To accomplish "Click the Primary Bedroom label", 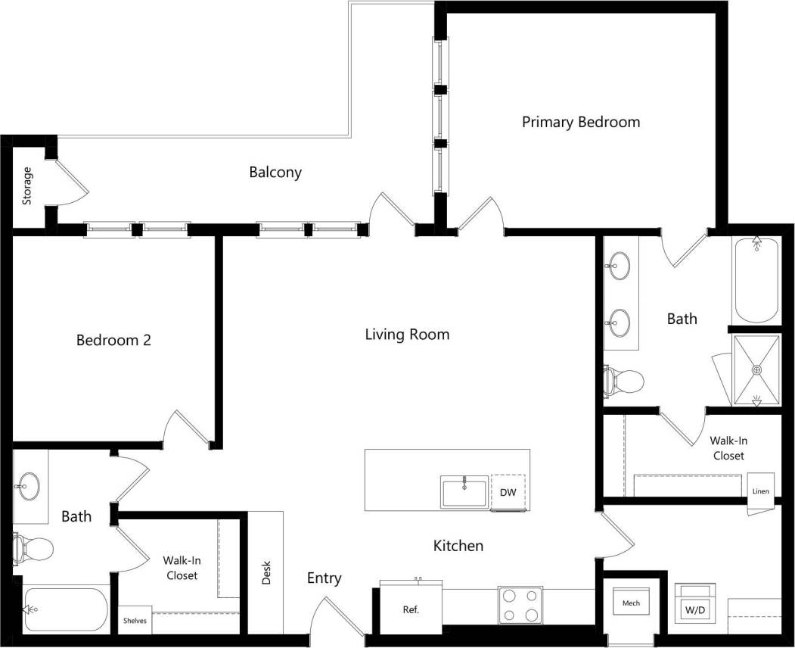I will [581, 122].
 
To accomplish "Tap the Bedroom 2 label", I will [113, 340].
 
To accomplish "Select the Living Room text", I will [407, 334].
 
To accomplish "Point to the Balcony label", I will [275, 173].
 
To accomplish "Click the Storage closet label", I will [27, 185].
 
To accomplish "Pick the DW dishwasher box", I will [508, 493].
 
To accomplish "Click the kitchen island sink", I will [464, 492].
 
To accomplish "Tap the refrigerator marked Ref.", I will [411, 609].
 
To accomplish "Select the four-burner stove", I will [521, 606].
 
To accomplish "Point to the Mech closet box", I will [631, 603].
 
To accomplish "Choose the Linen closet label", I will [760, 491].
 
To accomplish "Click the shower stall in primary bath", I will [756, 370].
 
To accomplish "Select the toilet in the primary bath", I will [621, 380].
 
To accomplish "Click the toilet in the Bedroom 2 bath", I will [33, 547].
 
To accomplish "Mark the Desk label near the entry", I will [266, 572].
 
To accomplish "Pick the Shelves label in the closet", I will [135, 621].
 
